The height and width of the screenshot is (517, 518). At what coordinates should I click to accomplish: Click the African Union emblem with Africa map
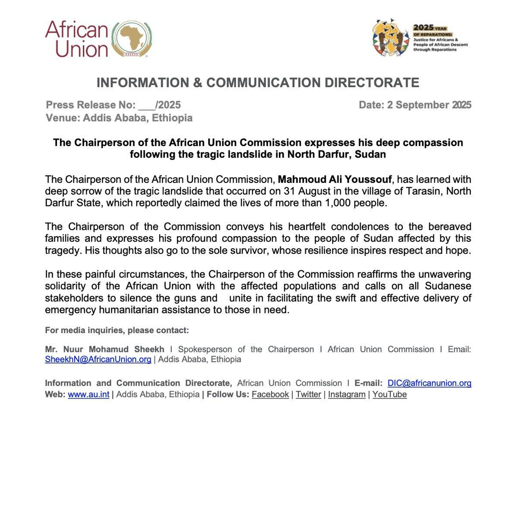pyautogui.click(x=132, y=39)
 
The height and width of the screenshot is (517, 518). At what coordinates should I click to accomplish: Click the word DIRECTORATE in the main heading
pyautogui.click(x=372, y=82)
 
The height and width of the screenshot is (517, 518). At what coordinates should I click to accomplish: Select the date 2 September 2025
pyautogui.click(x=429, y=105)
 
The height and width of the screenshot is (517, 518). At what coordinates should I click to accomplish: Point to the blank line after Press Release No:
pyautogui.click(x=147, y=106)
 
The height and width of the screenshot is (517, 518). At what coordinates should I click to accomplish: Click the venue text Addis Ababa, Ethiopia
pyautogui.click(x=138, y=118)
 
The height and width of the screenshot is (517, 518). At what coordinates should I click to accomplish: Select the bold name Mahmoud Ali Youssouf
pyautogui.click(x=335, y=179)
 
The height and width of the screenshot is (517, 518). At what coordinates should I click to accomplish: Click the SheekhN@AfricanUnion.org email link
pyautogui.click(x=98, y=359)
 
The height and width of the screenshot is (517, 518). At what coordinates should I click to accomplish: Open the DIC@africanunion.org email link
pyautogui.click(x=429, y=383)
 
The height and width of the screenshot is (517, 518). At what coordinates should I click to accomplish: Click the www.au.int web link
pyautogui.click(x=88, y=394)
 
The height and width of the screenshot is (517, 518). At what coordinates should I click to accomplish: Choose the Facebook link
pyautogui.click(x=270, y=394)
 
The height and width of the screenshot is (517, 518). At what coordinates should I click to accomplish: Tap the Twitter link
pyautogui.click(x=308, y=394)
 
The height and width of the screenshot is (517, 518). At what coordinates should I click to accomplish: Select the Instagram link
pyautogui.click(x=347, y=394)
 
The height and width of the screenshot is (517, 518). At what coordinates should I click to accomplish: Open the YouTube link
pyautogui.click(x=389, y=394)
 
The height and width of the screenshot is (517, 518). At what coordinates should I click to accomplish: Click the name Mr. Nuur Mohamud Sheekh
pyautogui.click(x=105, y=349)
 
